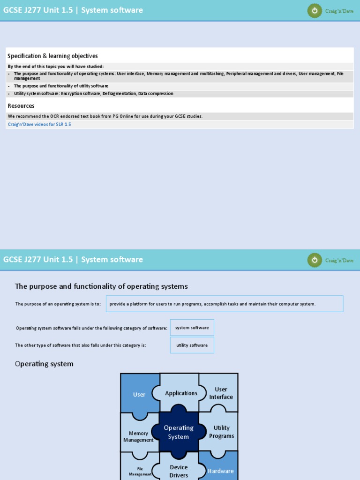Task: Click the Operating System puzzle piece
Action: click(179, 432)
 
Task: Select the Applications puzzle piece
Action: click(181, 393)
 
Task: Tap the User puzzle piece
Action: click(139, 394)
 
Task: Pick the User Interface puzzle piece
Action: click(221, 393)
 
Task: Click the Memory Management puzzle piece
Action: click(138, 436)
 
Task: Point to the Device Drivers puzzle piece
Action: click(179, 471)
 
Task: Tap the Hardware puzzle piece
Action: click(221, 471)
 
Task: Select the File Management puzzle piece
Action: click(140, 471)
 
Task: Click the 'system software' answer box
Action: click(192, 328)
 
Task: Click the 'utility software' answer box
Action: click(192, 345)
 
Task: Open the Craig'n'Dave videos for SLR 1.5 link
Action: click(39, 124)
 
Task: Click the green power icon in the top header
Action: click(315, 10)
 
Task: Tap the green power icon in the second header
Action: click(315, 260)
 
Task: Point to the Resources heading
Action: click(21, 106)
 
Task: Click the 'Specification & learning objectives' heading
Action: click(52, 56)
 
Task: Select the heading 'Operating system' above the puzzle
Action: click(44, 364)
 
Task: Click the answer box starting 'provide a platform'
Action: click(225, 304)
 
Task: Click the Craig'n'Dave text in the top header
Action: click(339, 11)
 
